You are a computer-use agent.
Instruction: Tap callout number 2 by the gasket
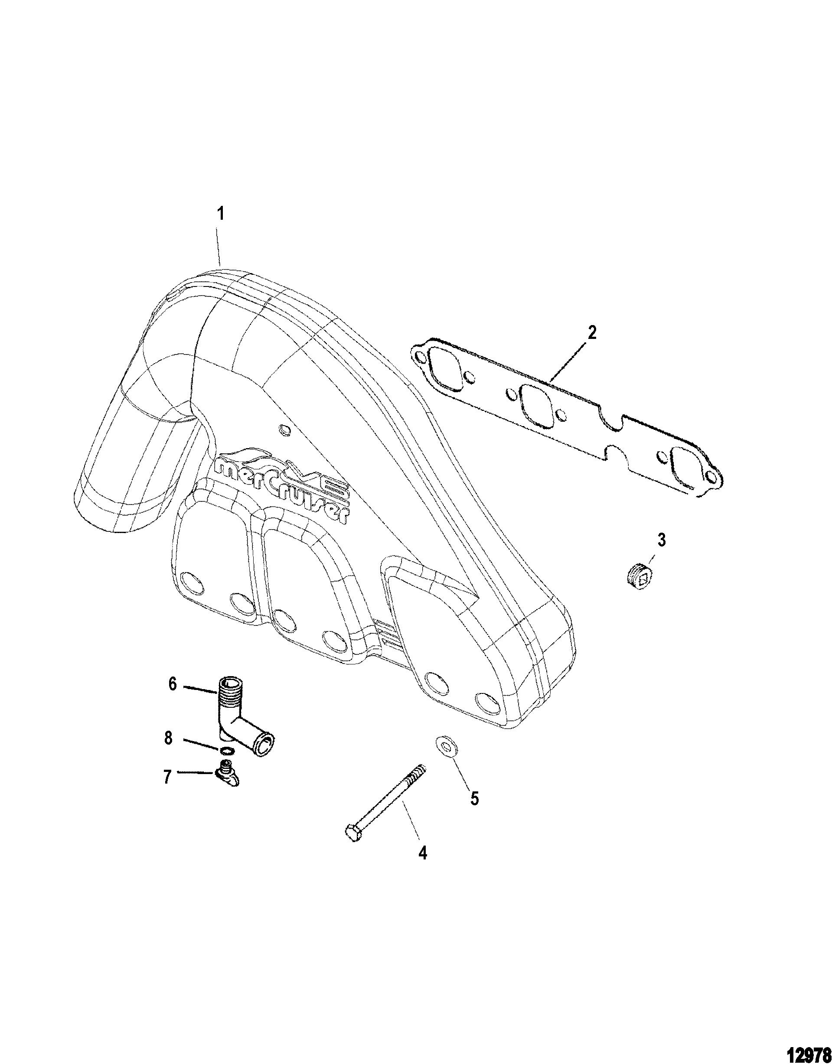pyautogui.click(x=591, y=333)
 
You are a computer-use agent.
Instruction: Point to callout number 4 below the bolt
pyautogui.click(x=423, y=853)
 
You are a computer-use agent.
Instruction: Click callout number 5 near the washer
pyautogui.click(x=474, y=798)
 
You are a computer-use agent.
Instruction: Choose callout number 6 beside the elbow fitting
pyautogui.click(x=173, y=684)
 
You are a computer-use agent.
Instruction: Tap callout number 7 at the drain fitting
pyautogui.click(x=168, y=777)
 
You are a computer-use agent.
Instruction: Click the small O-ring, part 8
pyautogui.click(x=228, y=749)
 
